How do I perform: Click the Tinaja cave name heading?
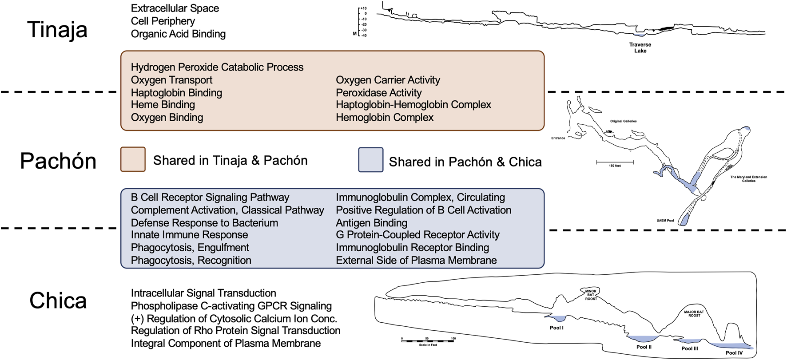57,30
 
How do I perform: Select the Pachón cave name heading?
58,161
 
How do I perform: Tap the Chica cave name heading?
58,301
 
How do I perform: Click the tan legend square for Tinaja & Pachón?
133,159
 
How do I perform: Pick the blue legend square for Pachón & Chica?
370,160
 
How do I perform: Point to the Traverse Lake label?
640,47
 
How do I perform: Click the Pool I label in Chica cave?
556,328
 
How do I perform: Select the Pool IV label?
734,353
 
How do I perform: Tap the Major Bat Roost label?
694,314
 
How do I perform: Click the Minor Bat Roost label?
591,295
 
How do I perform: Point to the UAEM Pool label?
665,221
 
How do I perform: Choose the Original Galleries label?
623,121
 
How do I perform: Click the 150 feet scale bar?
615,163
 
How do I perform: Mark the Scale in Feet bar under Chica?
428,340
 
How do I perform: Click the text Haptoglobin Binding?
176,93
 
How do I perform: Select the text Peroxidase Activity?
378,93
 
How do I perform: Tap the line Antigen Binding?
371,223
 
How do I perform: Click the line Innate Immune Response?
189,235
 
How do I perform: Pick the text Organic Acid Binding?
178,34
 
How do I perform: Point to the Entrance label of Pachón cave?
558,138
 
